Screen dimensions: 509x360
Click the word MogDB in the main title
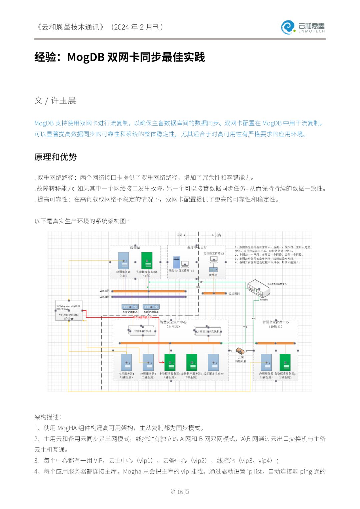click(86, 57)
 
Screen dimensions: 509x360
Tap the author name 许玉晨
click(63, 100)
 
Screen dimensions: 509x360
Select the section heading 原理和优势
click(55, 157)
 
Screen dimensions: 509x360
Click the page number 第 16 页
click(180, 492)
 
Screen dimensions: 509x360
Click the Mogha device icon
click(259, 288)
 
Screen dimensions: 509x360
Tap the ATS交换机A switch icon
click(130, 307)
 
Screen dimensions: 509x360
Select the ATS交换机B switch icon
click(151, 307)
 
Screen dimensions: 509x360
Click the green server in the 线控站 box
click(147, 261)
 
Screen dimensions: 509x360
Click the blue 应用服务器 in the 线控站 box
click(123, 261)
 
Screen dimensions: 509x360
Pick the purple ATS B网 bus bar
click(149, 297)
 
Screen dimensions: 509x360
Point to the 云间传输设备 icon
click(240, 351)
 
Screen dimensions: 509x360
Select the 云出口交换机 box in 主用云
click(142, 331)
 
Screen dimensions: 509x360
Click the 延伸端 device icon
click(213, 269)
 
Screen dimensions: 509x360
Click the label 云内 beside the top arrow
click(218, 235)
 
